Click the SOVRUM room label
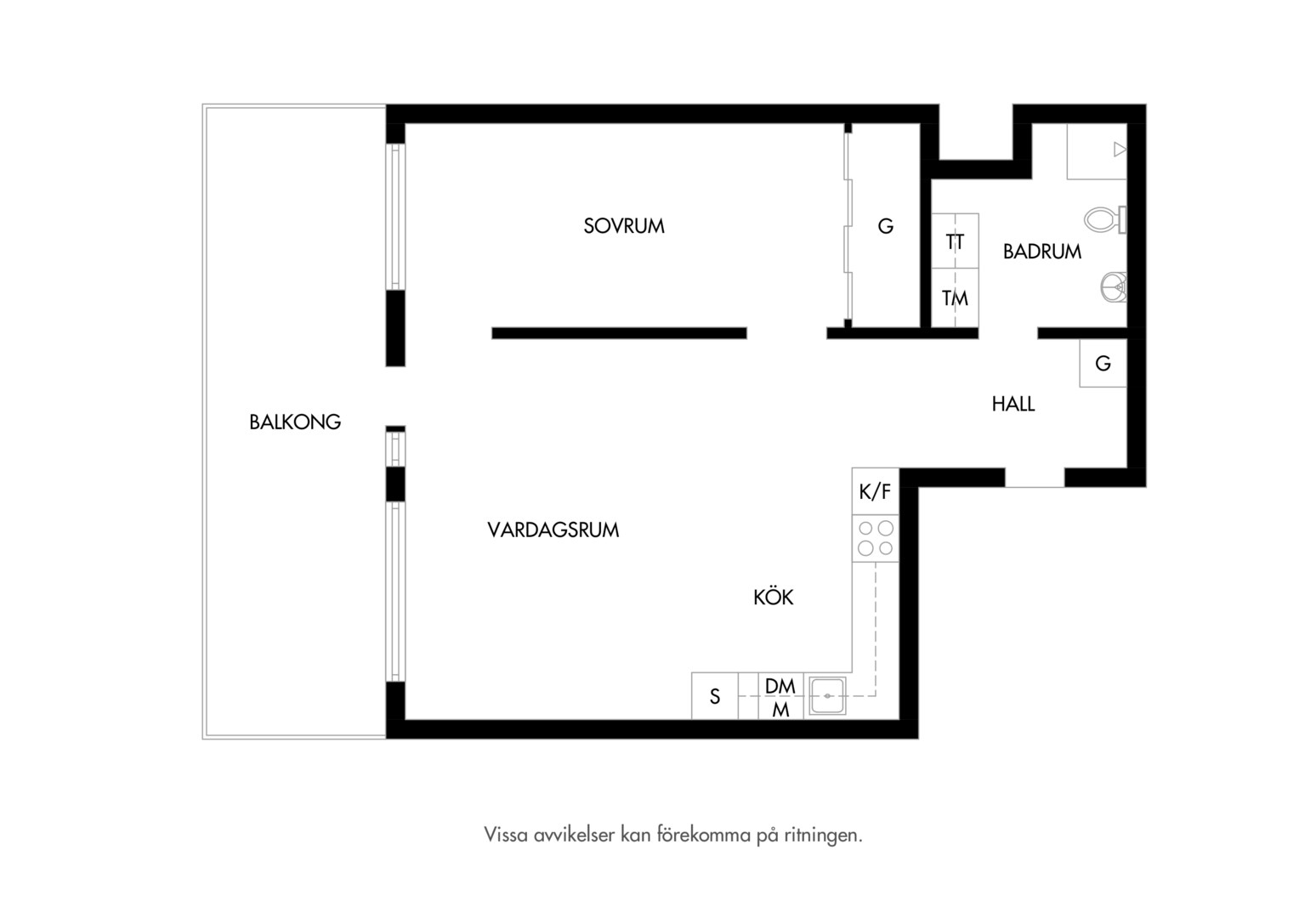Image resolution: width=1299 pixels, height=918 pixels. point(624,225)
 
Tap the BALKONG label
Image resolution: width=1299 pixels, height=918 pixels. point(295,422)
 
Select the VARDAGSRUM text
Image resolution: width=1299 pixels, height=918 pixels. point(553,530)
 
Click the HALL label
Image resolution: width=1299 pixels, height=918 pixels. point(1013,404)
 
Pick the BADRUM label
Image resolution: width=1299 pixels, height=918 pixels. point(1042,251)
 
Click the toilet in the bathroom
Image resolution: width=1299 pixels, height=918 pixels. point(1105,220)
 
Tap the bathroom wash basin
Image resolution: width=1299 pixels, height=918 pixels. point(1114,287)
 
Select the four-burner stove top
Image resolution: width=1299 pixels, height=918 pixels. point(875,538)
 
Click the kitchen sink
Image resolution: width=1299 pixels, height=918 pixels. point(827,695)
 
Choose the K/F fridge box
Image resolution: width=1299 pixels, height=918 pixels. point(875,491)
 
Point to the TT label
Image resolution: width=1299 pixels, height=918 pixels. point(955,241)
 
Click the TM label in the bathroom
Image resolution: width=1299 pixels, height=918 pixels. point(955,298)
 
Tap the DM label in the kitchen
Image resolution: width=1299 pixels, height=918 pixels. point(780,686)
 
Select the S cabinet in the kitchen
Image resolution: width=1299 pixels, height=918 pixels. point(714,696)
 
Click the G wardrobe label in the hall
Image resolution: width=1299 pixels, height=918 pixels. point(1103,363)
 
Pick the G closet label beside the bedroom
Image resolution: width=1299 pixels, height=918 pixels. point(885,225)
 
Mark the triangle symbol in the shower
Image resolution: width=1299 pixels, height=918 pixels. point(1120,150)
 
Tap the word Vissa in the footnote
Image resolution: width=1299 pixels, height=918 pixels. point(506,835)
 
